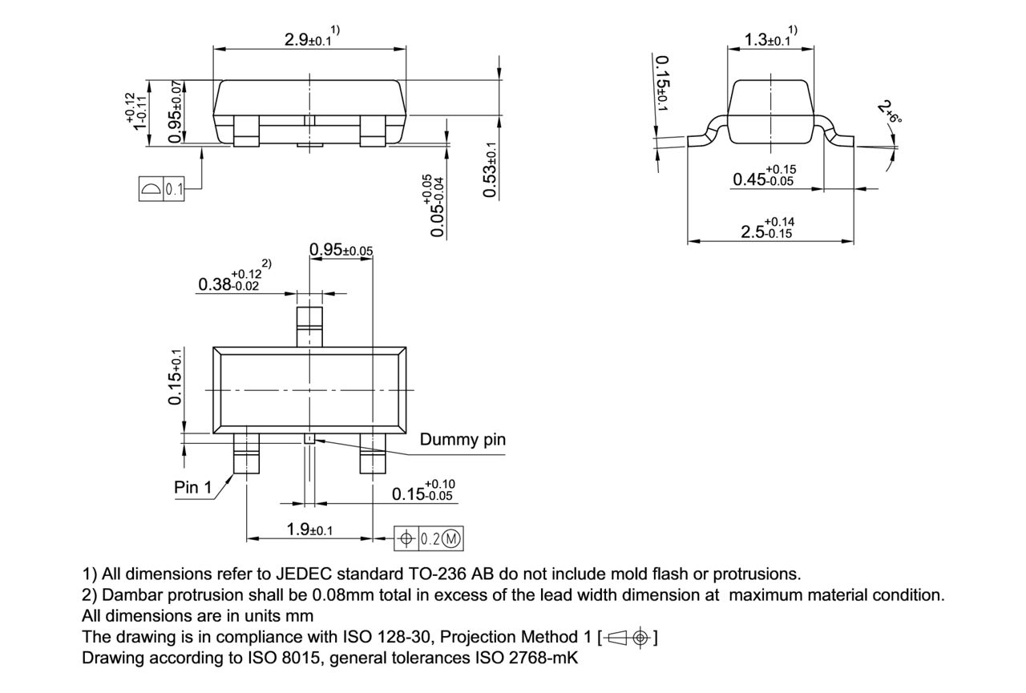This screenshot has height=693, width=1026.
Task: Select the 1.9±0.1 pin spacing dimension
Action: coord(309,530)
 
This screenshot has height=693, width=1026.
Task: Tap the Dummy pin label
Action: coord(463,440)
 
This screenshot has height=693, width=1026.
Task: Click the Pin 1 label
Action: coord(193,487)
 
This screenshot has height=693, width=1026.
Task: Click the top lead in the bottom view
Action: coord(309,325)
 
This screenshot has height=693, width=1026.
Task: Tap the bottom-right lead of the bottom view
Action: coord(373,454)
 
